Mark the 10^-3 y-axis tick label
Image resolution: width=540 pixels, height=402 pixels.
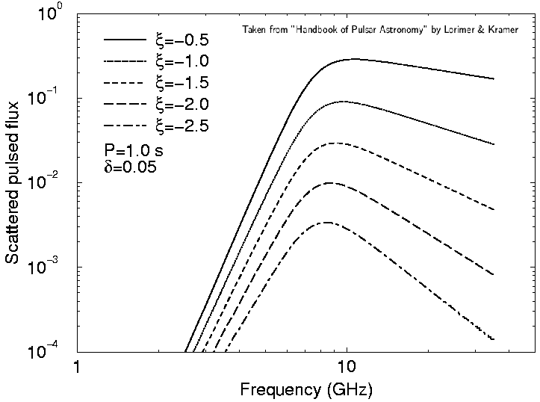pyautogui.click(x=52, y=267)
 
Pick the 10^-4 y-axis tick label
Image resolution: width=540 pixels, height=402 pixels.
pyautogui.click(x=52, y=350)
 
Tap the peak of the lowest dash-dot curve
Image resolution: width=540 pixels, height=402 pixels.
pyautogui.click(x=327, y=222)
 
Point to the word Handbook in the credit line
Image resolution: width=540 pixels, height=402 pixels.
pyautogui.click(x=323, y=30)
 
